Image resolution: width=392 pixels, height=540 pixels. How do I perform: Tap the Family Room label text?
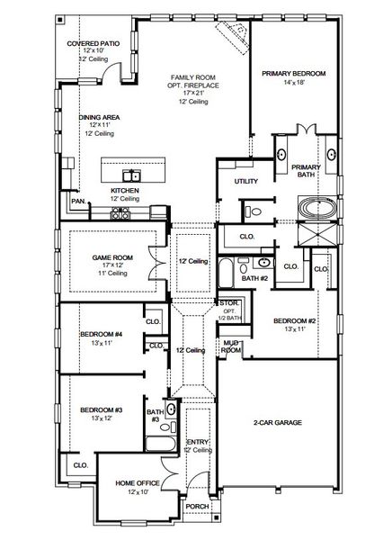(187, 76)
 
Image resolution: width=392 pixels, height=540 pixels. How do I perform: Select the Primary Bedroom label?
(294, 73)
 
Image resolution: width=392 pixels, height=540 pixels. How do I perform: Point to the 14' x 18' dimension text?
(294, 83)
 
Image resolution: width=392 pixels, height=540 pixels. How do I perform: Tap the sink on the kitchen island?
(131, 174)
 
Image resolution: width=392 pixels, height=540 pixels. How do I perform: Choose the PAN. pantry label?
(79, 202)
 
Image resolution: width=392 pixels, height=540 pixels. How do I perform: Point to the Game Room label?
(112, 257)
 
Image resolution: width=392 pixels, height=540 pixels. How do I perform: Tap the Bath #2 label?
(256, 280)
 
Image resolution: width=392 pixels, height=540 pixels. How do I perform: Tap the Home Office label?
(138, 483)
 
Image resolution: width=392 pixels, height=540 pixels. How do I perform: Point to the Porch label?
(196, 505)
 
